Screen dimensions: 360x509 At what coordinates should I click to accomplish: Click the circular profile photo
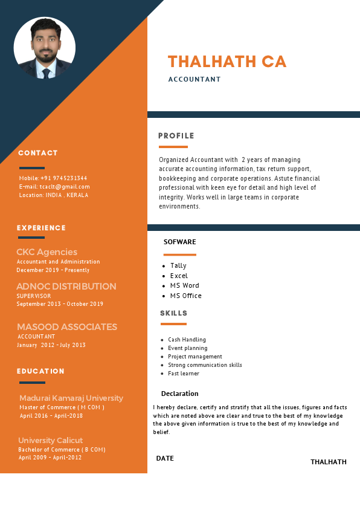(44, 48)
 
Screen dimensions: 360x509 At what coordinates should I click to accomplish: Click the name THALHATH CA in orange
(227, 62)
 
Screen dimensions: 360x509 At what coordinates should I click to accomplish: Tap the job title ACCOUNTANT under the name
(194, 79)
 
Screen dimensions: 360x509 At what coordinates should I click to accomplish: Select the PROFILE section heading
(176, 136)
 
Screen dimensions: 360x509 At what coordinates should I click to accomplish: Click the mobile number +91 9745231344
(63, 178)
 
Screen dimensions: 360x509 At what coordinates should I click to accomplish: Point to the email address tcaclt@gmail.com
(65, 187)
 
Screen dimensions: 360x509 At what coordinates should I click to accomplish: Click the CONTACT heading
(38, 153)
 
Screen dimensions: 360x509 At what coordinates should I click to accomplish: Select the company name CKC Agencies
(47, 252)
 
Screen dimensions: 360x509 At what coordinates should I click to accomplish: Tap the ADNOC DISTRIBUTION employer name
(66, 287)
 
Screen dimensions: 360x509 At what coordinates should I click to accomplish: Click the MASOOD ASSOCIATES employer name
(67, 327)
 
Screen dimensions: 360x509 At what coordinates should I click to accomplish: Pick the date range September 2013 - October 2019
(60, 304)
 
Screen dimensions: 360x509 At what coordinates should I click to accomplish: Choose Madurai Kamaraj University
(71, 398)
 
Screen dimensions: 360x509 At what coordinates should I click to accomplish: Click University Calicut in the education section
(51, 441)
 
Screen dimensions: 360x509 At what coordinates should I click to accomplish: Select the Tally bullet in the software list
(178, 266)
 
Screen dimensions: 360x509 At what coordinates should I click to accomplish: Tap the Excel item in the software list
(179, 276)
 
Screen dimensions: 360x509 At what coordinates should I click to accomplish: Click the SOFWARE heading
(180, 242)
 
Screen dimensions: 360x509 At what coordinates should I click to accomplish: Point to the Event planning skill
(188, 348)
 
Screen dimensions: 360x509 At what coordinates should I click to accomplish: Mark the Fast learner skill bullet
(184, 374)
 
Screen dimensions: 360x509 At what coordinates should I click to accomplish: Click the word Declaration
(180, 394)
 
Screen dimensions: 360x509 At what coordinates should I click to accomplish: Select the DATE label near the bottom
(165, 458)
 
